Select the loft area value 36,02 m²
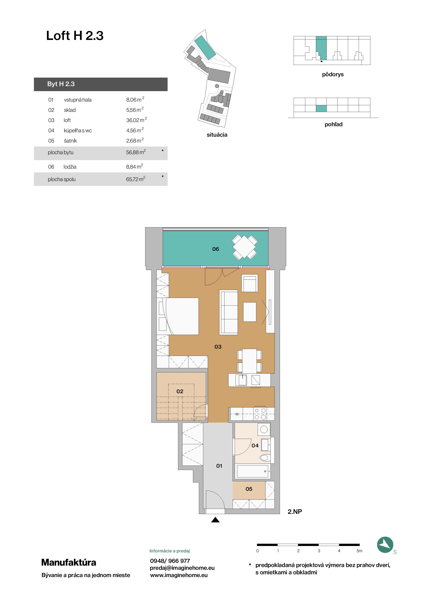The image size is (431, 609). click(136, 120)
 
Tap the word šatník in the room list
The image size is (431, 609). click(70, 141)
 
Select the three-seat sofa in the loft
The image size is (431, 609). click(228, 312)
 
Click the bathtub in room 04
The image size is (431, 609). click(253, 471)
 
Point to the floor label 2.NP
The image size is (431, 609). click(295, 512)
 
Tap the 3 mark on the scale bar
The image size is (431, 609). click(319, 551)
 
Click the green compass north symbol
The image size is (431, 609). click(385, 545)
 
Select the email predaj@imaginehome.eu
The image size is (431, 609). click(182, 568)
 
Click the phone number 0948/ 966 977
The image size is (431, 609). click(170, 561)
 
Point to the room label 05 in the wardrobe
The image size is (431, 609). click(249, 489)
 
